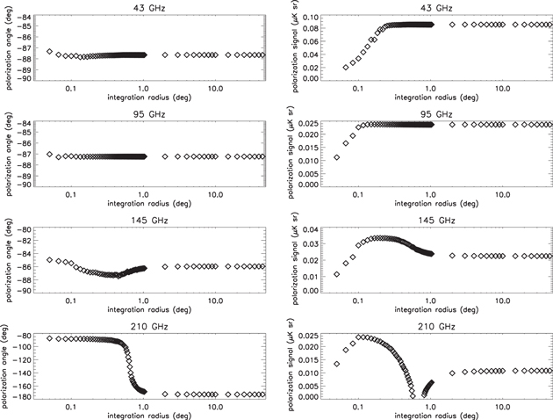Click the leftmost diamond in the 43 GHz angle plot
click(x=49, y=52)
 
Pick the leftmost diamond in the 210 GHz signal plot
click(x=337, y=364)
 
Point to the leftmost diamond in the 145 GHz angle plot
click(x=49, y=260)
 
